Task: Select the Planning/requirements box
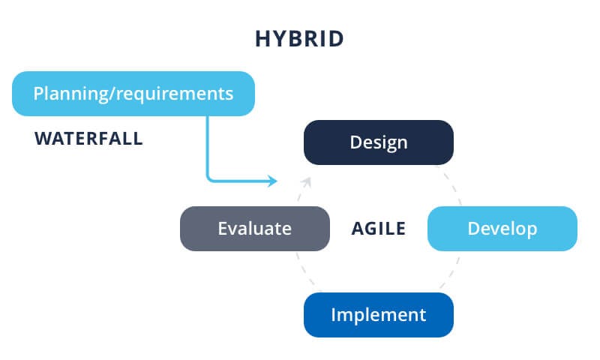tap(133, 94)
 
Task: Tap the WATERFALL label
tap(88, 139)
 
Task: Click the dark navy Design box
tap(378, 142)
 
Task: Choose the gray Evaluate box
tap(254, 228)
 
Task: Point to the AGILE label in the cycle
tap(378, 228)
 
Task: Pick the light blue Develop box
tap(502, 228)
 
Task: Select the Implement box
tap(378, 314)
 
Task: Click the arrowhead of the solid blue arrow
tap(273, 181)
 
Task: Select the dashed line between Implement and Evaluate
tap(304, 271)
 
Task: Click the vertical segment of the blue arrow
tap(208, 146)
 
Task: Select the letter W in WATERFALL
tap(42, 139)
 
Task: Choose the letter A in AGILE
tap(358, 228)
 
